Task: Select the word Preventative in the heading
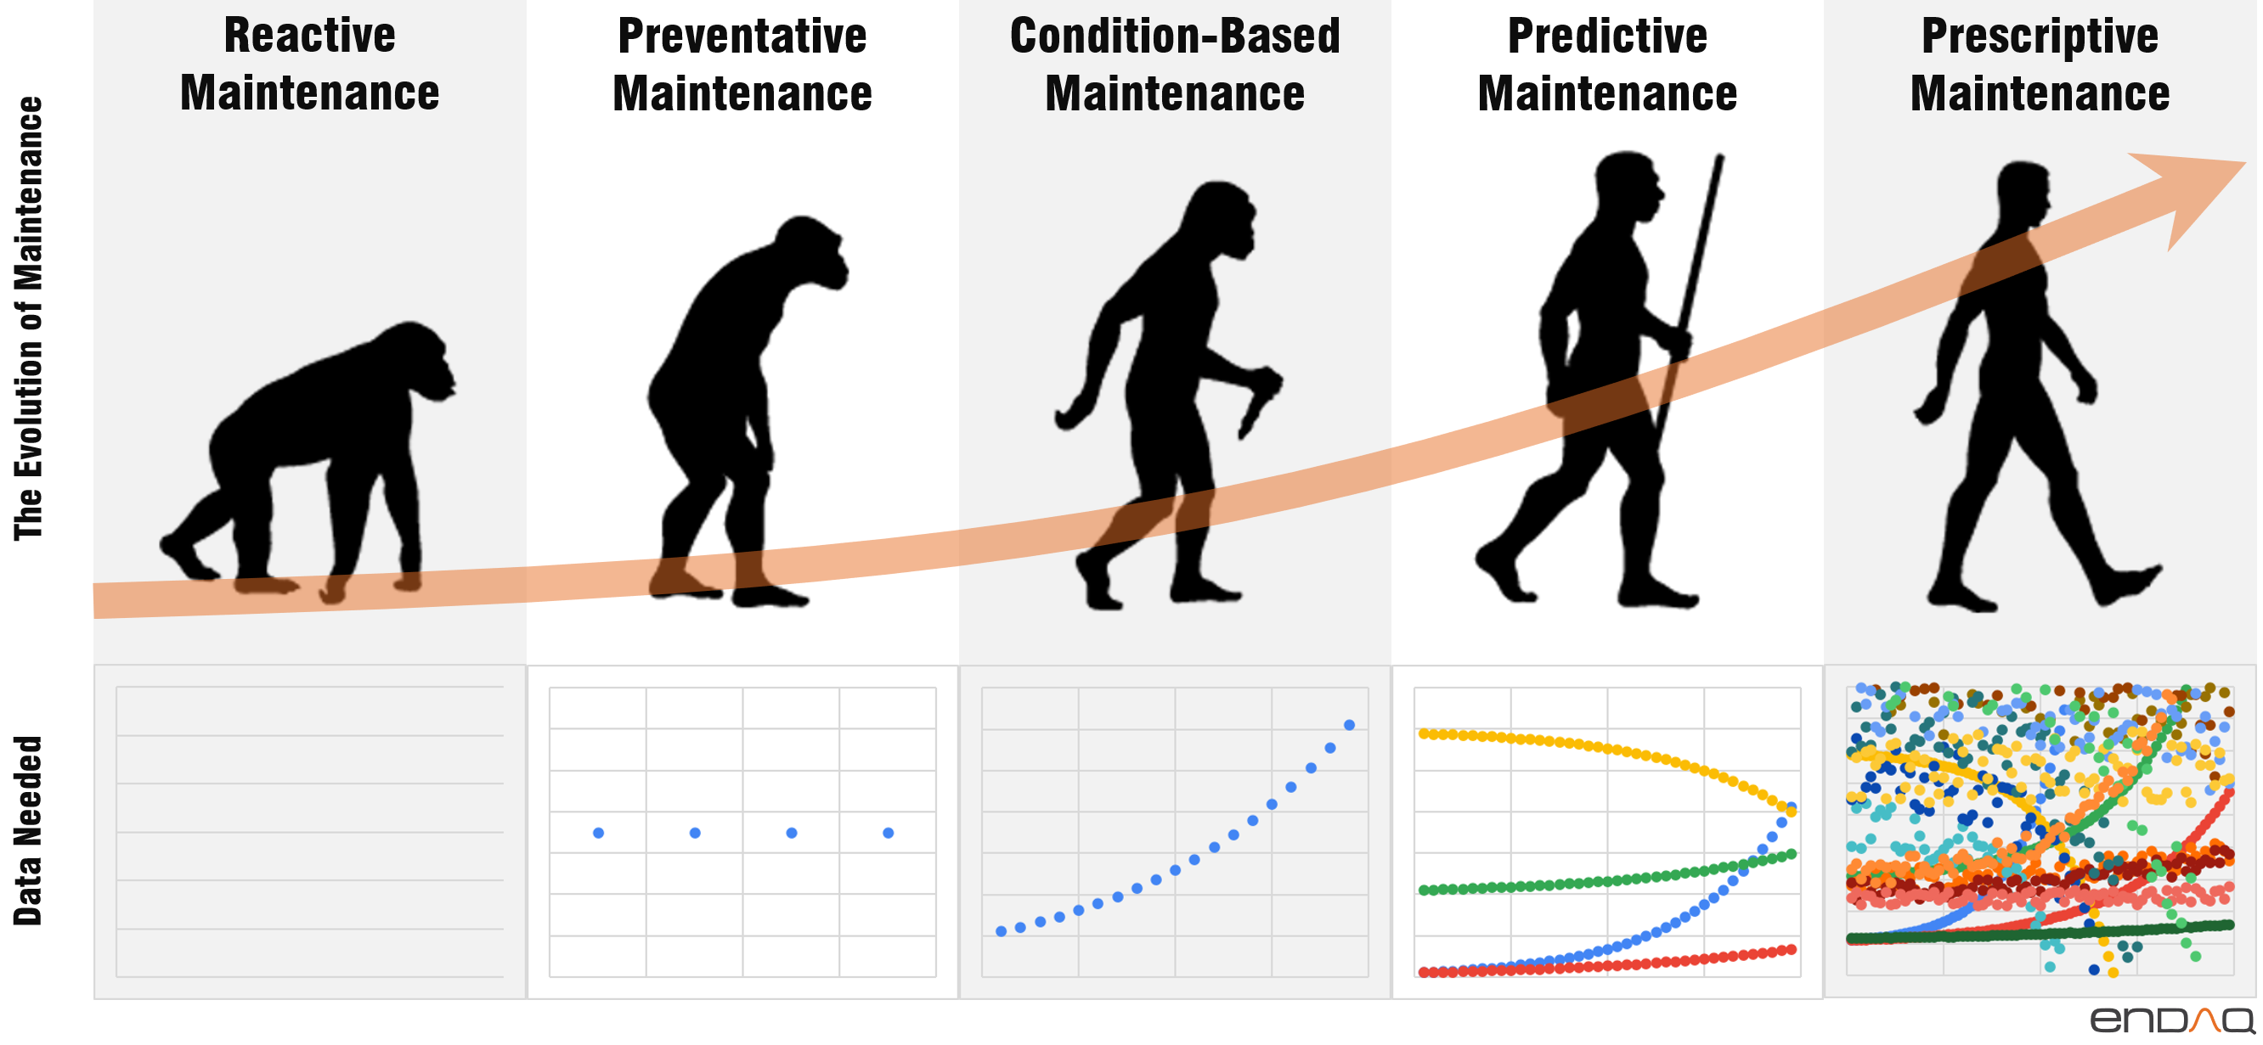pos(742,36)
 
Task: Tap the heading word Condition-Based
pos(1175,36)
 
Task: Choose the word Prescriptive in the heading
pos(2039,36)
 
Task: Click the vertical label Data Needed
pos(28,830)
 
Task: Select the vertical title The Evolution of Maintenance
pos(28,317)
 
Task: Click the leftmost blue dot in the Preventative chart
pos(598,833)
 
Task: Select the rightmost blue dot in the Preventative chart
pos(889,833)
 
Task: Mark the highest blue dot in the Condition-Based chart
pos(1349,724)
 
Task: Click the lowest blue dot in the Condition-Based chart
pos(1001,931)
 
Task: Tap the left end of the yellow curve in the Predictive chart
pos(1424,733)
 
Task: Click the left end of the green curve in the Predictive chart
pos(1424,890)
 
